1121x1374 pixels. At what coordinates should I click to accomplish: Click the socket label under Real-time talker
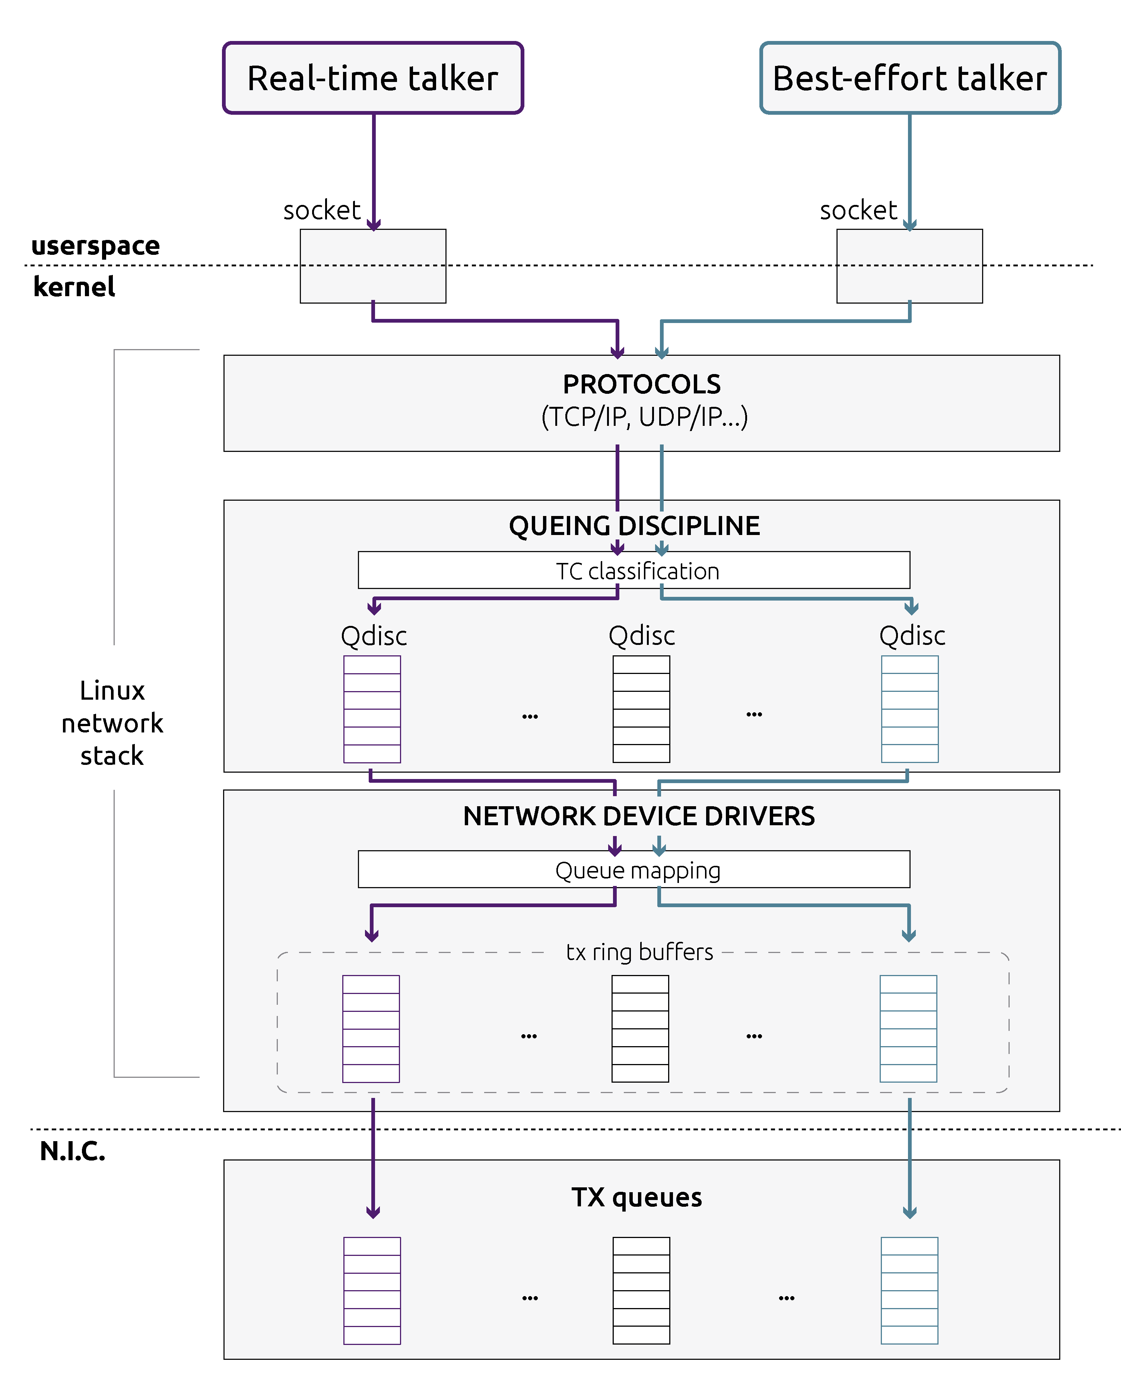(x=321, y=210)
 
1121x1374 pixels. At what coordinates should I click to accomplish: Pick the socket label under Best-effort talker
(x=858, y=210)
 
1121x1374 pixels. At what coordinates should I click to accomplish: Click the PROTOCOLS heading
(x=642, y=384)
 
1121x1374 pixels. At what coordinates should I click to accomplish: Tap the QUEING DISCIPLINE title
(x=634, y=526)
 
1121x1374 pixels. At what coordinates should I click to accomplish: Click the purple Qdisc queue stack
(x=372, y=709)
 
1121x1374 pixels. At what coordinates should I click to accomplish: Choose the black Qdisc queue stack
(x=641, y=709)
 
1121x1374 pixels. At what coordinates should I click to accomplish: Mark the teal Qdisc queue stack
(x=910, y=709)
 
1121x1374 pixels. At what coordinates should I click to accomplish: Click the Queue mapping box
(x=634, y=870)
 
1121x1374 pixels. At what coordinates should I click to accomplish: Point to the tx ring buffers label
(x=639, y=952)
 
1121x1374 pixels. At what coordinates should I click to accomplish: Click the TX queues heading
(x=637, y=1198)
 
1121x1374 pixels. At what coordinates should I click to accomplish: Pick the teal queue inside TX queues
(x=909, y=1291)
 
